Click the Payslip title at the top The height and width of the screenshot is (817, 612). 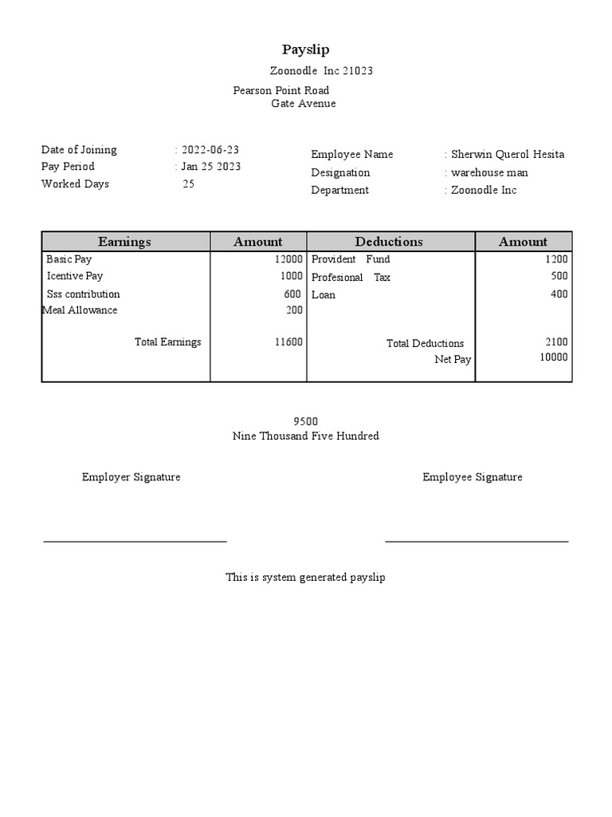point(305,49)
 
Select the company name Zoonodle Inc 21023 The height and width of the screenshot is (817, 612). point(321,71)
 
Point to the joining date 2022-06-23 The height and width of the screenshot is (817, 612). point(210,150)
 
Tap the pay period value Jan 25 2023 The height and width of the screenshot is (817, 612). point(211,167)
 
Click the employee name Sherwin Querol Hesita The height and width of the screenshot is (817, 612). point(508,155)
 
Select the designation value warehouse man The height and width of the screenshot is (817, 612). point(489,172)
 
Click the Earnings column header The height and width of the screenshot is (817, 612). point(124,242)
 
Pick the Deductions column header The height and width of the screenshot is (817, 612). point(389,242)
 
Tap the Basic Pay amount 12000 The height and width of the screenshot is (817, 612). point(288,259)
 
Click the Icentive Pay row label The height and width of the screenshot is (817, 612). point(75,276)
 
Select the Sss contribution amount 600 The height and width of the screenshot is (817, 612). point(292,294)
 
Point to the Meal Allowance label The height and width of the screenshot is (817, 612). point(80,310)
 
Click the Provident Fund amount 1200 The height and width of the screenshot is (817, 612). point(556,259)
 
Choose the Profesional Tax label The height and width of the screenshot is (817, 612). point(351,278)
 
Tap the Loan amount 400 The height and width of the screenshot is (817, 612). point(559,294)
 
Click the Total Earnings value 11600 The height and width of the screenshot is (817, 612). point(288,341)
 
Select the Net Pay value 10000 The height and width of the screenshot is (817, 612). point(554,357)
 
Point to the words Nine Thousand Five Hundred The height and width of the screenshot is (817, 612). point(305,436)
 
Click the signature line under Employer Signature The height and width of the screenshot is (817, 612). point(135,541)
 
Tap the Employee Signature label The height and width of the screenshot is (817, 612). point(473,477)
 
